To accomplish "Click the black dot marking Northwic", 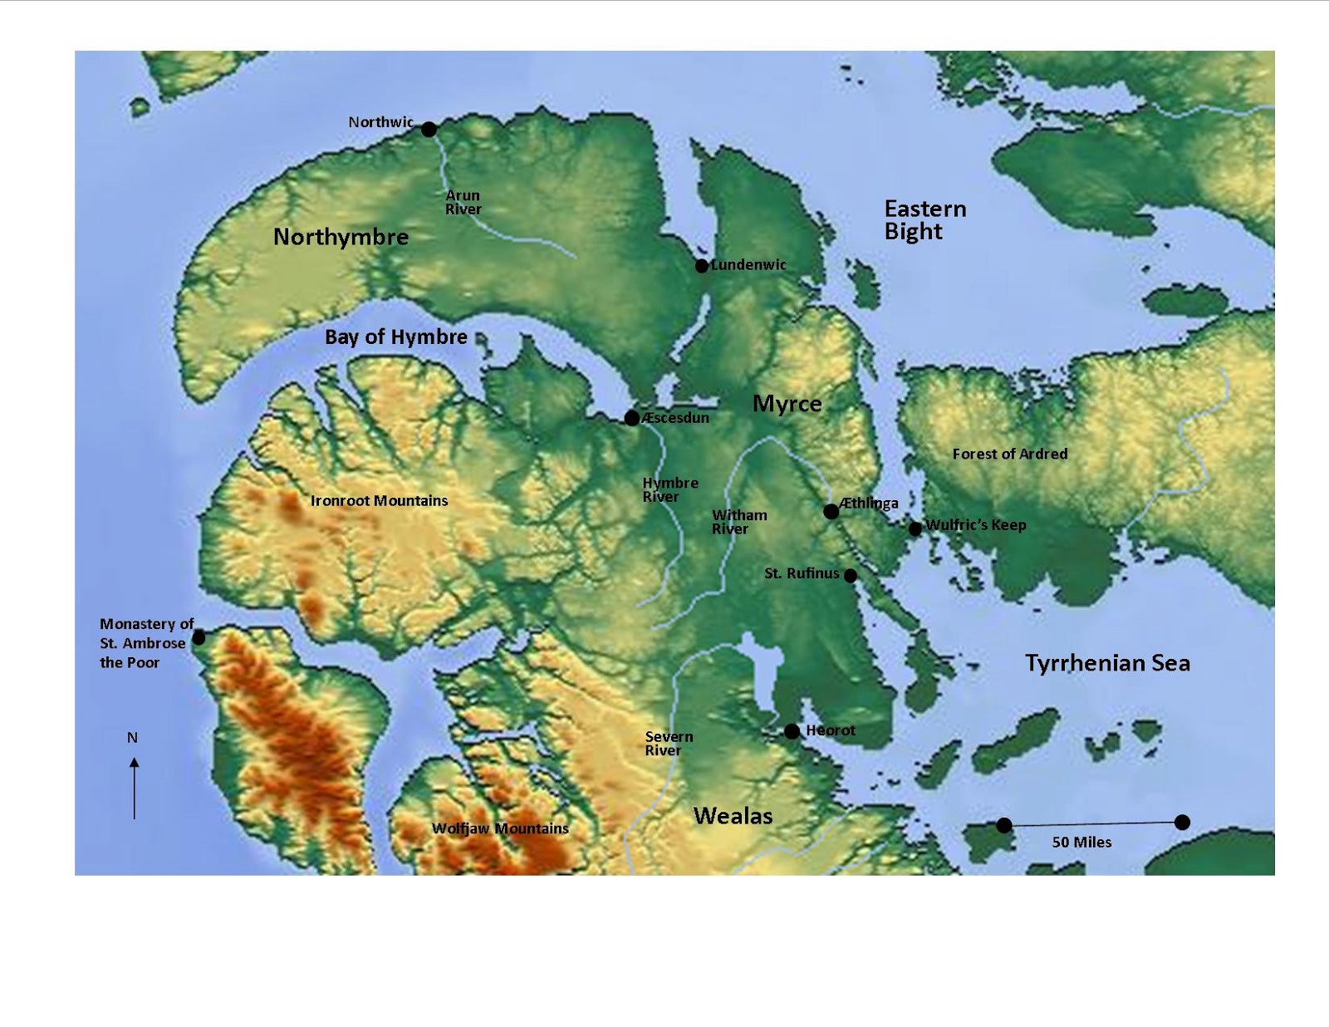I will pyautogui.click(x=429, y=129).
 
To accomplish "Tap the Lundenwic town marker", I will pyautogui.click(x=702, y=266).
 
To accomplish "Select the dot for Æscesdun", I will pyautogui.click(x=632, y=418).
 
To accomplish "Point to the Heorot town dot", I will pyautogui.click(x=792, y=731).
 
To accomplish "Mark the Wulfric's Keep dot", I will pyautogui.click(x=915, y=528).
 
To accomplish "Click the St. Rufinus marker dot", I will pyautogui.click(x=851, y=575).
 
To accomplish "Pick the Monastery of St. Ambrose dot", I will pyautogui.click(x=199, y=638).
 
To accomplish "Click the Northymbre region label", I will pyautogui.click(x=341, y=238).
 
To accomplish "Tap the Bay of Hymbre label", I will pyautogui.click(x=395, y=337).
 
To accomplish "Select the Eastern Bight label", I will pyautogui.click(x=924, y=220).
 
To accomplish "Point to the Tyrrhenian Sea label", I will pyautogui.click(x=1107, y=663).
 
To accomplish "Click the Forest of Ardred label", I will pyautogui.click(x=1010, y=454).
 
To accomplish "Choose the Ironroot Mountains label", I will pyautogui.click(x=379, y=500).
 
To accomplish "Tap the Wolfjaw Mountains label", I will pyautogui.click(x=500, y=828).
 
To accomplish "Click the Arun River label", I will pyautogui.click(x=463, y=203).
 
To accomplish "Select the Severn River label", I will pyautogui.click(x=669, y=744).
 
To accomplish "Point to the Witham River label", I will pyautogui.click(x=738, y=522).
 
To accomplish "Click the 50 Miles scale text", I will pyautogui.click(x=1081, y=842).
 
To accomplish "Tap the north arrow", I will pyautogui.click(x=134, y=788).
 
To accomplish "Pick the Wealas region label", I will pyautogui.click(x=733, y=816).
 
